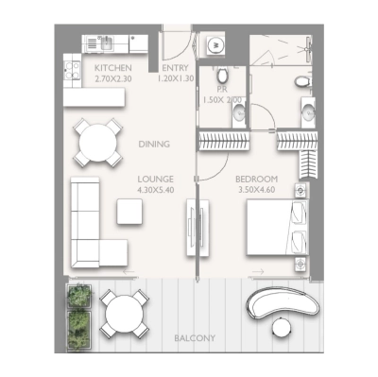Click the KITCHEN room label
[112, 69]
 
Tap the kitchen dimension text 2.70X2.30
[112, 79]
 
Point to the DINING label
[153, 145]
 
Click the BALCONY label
[194, 337]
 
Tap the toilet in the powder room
[222, 78]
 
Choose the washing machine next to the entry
[214, 44]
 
